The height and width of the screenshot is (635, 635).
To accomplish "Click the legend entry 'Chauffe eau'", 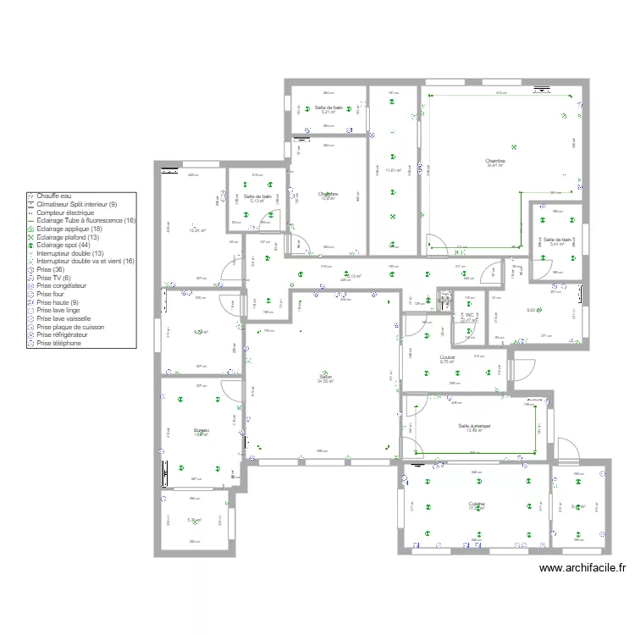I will pyautogui.click(x=53, y=196).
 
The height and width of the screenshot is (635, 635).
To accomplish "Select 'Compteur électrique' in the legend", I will pyautogui.click(x=65, y=213).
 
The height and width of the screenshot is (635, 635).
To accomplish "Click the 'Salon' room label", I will pyautogui.click(x=325, y=377).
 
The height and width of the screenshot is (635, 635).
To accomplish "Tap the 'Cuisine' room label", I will pyautogui.click(x=477, y=504).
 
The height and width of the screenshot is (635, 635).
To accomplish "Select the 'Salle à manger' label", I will pyautogui.click(x=475, y=426).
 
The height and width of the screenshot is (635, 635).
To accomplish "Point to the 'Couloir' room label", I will pyautogui.click(x=448, y=357).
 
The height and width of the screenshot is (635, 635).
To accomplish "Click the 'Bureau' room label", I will pyautogui.click(x=202, y=430).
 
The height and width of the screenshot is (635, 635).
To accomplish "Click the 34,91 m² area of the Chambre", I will pyautogui.click(x=495, y=166).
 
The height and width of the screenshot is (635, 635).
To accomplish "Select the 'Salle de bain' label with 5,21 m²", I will pyautogui.click(x=329, y=108).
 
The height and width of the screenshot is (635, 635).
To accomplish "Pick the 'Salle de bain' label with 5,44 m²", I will pyautogui.click(x=557, y=239).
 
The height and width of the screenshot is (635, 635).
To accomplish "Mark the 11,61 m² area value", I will pyautogui.click(x=394, y=170).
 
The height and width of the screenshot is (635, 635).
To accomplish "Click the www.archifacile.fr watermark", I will pyautogui.click(x=582, y=571).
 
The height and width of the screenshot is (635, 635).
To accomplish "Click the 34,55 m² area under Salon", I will pyautogui.click(x=325, y=382).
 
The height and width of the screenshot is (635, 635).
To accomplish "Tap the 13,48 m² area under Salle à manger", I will pyautogui.click(x=475, y=431).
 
